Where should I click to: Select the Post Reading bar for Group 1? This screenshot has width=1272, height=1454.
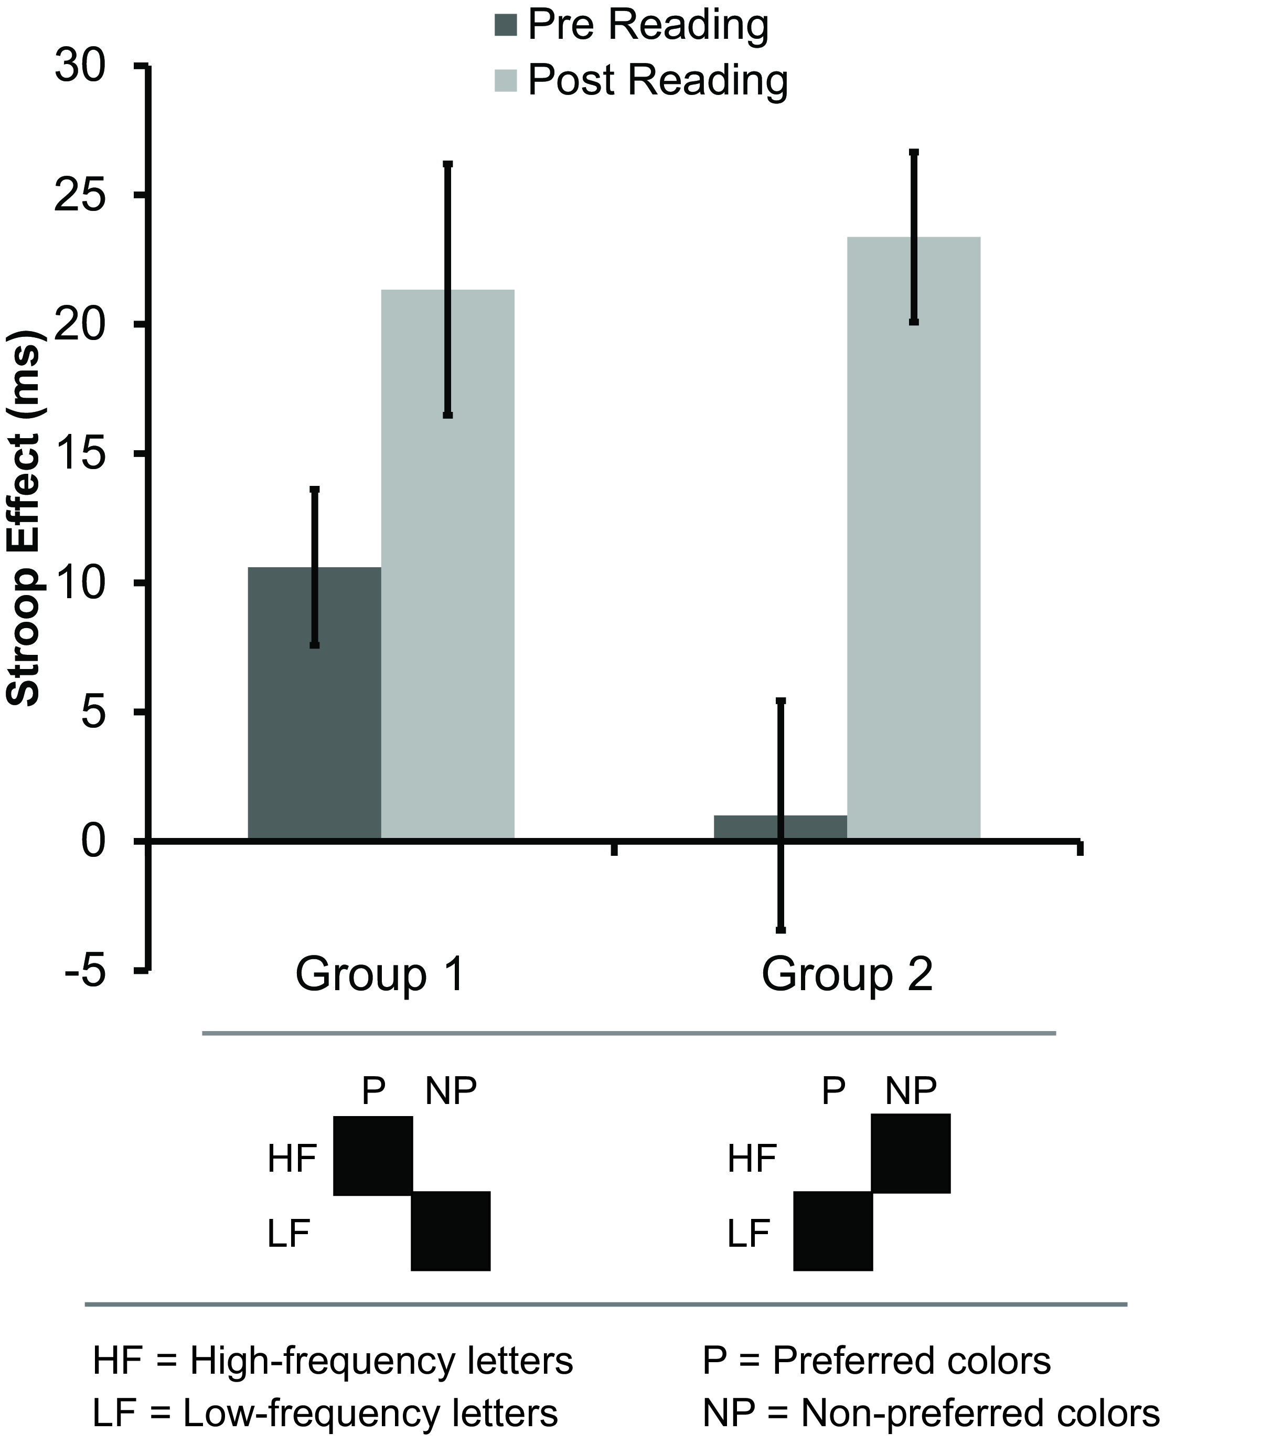pyautogui.click(x=447, y=568)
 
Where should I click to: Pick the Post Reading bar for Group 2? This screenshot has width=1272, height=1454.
pyautogui.click(x=914, y=539)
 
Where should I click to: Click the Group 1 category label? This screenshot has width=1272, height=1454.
pyautogui.click(x=380, y=975)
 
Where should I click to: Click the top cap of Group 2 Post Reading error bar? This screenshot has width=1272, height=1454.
pyautogui.click(x=914, y=153)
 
